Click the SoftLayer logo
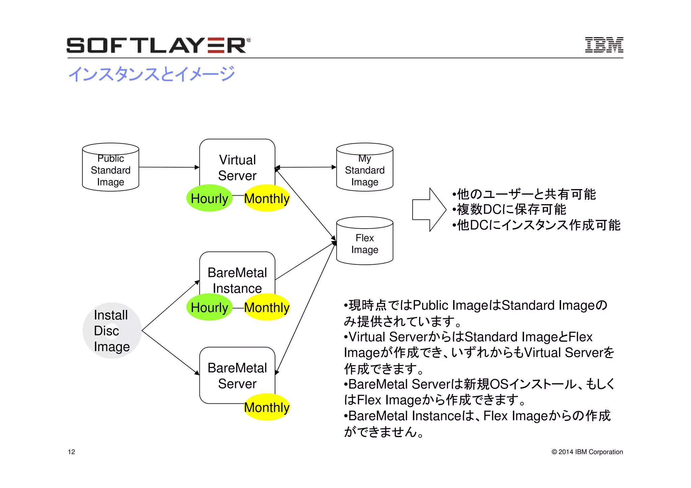[x=158, y=45]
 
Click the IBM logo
[x=604, y=45]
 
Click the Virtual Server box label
[x=237, y=167]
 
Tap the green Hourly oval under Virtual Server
[x=209, y=198]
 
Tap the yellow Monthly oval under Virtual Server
[x=267, y=198]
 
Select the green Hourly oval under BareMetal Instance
[x=209, y=307]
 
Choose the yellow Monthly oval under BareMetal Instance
[x=267, y=307]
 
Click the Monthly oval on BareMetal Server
[x=267, y=407]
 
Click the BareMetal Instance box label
[x=237, y=280]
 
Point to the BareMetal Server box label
[x=237, y=375]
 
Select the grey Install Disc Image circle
[x=112, y=331]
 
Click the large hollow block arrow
[x=429, y=210]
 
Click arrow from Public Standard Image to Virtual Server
[x=169, y=167]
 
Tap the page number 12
[x=72, y=452]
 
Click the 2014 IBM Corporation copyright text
[x=587, y=452]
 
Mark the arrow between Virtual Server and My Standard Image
[x=306, y=167]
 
